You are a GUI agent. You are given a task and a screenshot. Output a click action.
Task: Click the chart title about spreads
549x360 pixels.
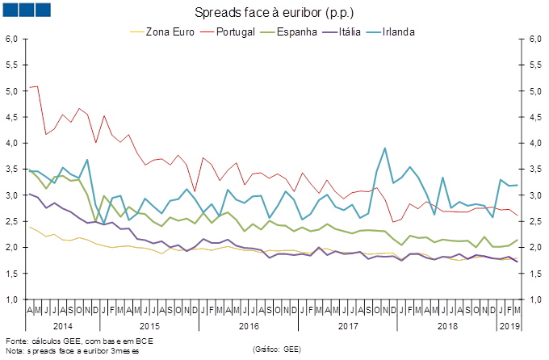pos(274,12)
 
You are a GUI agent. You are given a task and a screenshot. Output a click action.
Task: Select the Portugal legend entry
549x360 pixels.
pos(231,32)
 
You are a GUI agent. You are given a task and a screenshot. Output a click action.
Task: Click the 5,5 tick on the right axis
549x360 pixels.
pos(534,65)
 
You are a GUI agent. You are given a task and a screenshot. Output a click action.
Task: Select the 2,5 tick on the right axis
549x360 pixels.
pos(534,221)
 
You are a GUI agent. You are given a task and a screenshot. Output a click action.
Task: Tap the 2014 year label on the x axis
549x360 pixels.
pos(62,326)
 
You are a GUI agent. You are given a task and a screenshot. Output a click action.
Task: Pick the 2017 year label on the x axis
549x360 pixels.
pos(347,326)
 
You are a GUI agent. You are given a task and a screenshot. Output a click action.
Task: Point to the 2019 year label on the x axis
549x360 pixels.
pos(509,326)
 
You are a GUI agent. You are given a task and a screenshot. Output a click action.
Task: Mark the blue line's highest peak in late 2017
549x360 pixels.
pos(385,148)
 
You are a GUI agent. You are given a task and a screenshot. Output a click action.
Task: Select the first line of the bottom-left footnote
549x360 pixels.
pos(77,341)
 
